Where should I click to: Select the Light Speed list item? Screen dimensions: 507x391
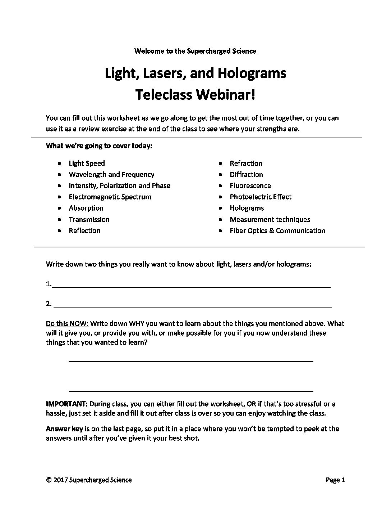pyautogui.click(x=87, y=163)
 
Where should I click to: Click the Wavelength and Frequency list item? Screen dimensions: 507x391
pyautogui.click(x=111, y=175)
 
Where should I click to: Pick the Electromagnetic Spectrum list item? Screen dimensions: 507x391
pyautogui.click(x=110, y=197)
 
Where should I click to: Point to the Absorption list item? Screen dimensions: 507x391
pyautogui.click(x=86, y=208)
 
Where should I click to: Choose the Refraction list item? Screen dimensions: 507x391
pyautogui.click(x=246, y=163)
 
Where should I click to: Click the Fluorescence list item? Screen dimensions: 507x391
pyautogui.click(x=250, y=186)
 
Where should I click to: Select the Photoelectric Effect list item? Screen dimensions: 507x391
pyautogui.click(x=261, y=197)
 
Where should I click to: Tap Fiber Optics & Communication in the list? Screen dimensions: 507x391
pyautogui.click(x=277, y=231)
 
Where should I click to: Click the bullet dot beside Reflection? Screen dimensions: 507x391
pyautogui.click(x=59, y=231)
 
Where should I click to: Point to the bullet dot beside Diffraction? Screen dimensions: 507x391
pyautogui.click(x=221, y=175)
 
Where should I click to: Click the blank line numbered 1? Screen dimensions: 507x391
pyautogui.click(x=191, y=286)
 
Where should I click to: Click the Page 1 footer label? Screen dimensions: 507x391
pyautogui.click(x=335, y=480)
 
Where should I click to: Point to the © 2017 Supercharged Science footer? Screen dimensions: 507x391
pyautogui.click(x=89, y=480)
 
